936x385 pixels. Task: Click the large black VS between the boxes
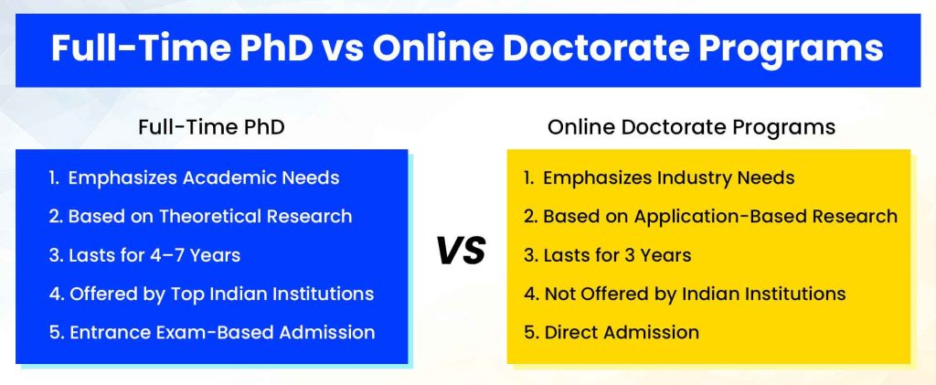[x=462, y=251]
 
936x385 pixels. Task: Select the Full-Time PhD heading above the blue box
[x=211, y=128]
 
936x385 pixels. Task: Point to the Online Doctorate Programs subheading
[x=691, y=128]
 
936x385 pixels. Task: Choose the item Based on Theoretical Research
[x=200, y=216]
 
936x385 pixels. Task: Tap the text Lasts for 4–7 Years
[x=144, y=255]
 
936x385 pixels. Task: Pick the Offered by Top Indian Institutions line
[x=211, y=294]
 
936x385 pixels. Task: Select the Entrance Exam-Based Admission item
[x=212, y=332]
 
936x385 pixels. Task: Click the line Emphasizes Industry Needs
[x=659, y=178]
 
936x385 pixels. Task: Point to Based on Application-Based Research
[x=710, y=217]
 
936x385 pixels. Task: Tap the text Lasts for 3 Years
[x=607, y=255]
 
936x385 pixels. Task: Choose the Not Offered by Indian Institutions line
[x=685, y=294]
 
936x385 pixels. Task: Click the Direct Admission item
[x=612, y=332]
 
